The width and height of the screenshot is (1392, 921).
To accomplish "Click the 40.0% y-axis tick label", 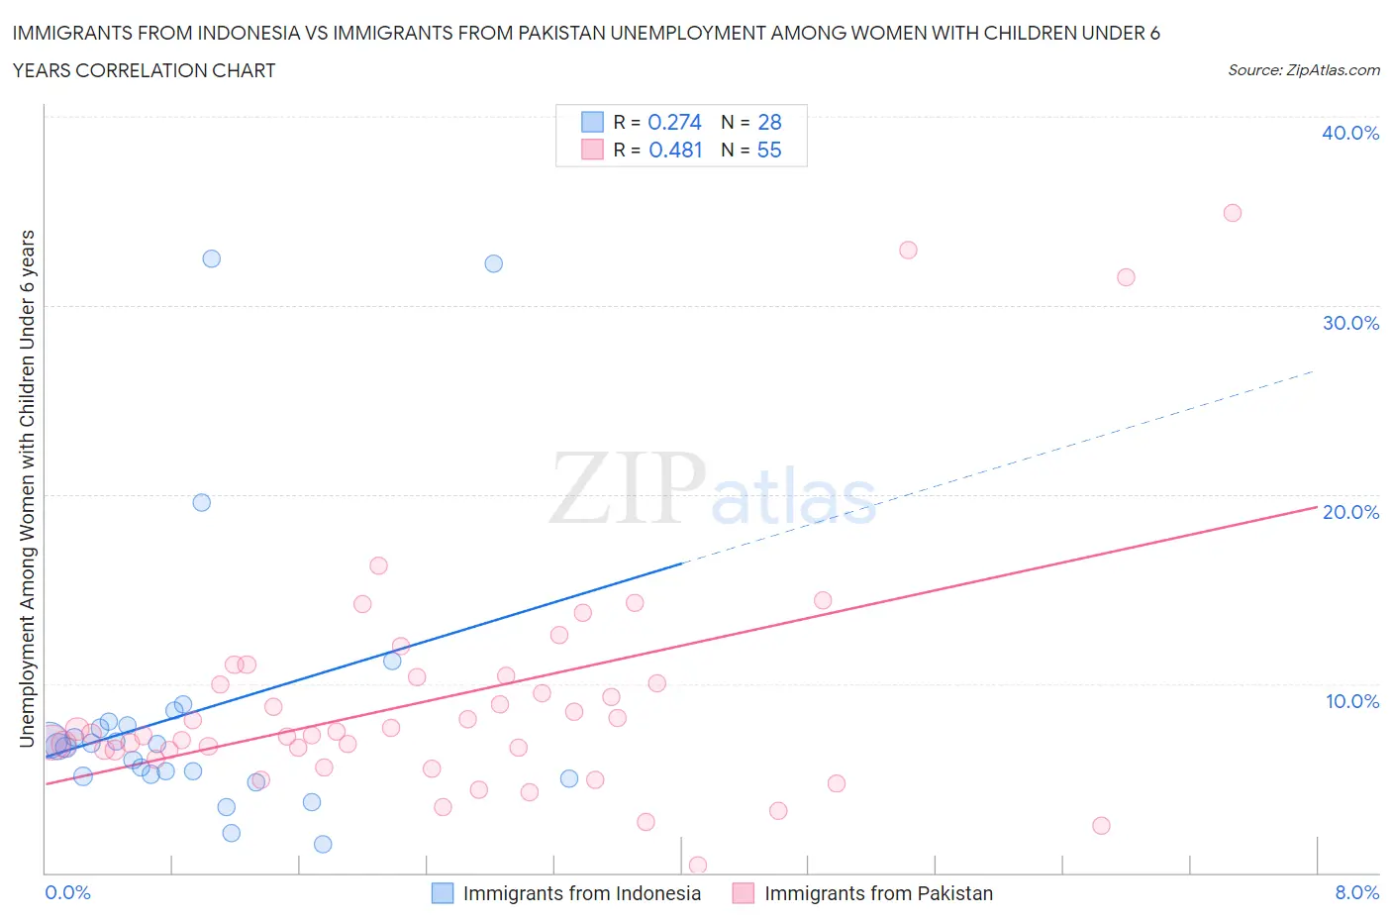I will coord(1349,133).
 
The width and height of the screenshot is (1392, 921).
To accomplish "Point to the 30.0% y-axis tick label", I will coord(1349,323).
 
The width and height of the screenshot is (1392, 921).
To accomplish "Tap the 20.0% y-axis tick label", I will coord(1349,512).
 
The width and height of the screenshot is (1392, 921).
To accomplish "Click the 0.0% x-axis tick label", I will coord(67,892).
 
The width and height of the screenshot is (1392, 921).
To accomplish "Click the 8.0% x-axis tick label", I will coord(1356,892).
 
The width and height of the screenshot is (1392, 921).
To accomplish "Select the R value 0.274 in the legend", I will coord(674,122).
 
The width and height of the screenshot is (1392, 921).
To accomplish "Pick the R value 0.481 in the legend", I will coord(675,150).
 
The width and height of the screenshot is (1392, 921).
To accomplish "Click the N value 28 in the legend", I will coord(769,122).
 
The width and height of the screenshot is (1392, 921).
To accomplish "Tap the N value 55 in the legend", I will coord(769,150).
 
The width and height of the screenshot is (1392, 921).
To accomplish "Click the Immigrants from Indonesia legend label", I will coord(581,893).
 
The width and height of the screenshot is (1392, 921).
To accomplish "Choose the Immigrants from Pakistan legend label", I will coord(878,893).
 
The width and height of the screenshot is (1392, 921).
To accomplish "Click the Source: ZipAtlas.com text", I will coord(1303,70).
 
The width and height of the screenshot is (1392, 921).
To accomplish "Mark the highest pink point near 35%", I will coord(1232,213).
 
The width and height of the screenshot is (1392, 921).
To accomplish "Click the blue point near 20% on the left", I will coord(201,502).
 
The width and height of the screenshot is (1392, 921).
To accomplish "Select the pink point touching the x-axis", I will coord(697,866).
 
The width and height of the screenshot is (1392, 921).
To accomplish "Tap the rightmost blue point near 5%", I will coord(568,778).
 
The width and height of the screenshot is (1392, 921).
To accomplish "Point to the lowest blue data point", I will coord(323,844).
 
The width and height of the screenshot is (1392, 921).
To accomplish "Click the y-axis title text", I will coord(28,488).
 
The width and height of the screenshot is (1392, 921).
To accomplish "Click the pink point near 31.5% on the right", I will coord(1126,277).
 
